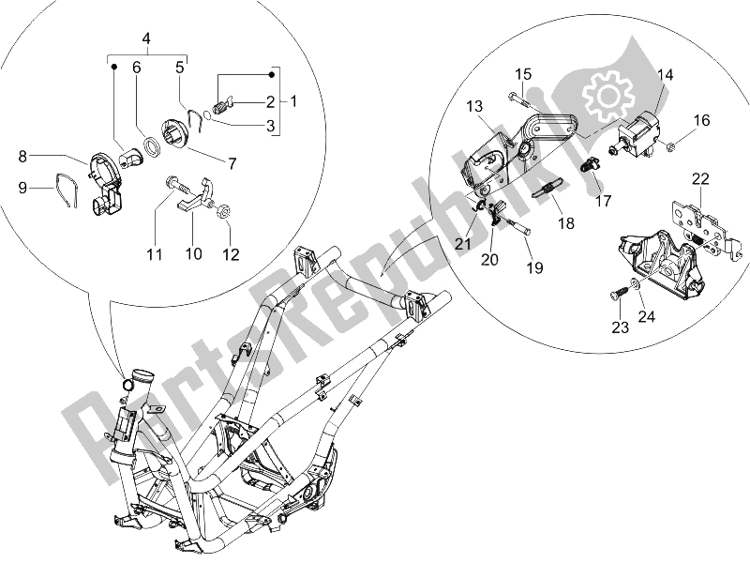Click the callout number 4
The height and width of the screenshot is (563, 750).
146,39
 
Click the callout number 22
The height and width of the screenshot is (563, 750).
701,179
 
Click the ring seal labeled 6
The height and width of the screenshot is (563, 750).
149,147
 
